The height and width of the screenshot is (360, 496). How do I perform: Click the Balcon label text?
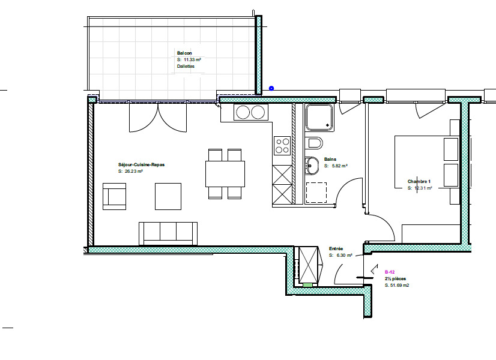click(184, 53)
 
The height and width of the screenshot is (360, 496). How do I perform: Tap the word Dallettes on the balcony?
click(186, 67)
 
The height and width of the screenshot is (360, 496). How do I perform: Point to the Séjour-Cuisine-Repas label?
click(141, 164)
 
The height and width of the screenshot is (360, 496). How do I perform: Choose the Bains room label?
click(330, 159)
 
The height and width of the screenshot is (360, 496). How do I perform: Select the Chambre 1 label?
click(419, 181)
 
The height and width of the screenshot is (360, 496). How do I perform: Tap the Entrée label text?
click(336, 248)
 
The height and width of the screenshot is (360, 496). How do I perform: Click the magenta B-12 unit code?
click(389, 272)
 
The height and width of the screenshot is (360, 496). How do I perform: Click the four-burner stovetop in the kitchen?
click(282, 145)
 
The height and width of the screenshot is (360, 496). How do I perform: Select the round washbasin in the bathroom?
click(311, 164)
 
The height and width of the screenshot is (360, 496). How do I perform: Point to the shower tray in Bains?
click(319, 117)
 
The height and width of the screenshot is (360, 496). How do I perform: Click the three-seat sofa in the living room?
click(168, 233)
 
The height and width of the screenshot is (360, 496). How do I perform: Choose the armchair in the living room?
click(115, 197)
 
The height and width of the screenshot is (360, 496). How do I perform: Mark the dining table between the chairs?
click(225, 174)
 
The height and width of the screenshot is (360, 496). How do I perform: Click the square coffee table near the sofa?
click(168, 196)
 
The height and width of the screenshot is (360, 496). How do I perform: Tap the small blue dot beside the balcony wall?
click(271, 88)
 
